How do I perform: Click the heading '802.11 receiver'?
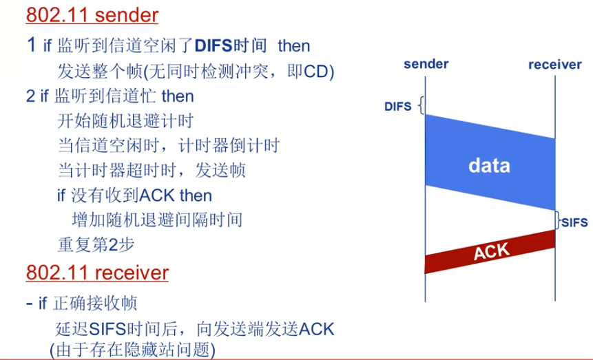(97, 273)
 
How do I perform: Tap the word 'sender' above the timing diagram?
(426, 64)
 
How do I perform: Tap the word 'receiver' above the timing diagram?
(554, 65)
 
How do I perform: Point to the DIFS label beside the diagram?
(398, 106)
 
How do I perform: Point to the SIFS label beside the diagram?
(574, 222)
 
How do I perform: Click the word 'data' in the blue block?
(489, 165)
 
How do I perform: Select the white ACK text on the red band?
(491, 252)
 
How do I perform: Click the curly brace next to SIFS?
(558, 220)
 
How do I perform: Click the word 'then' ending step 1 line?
(294, 46)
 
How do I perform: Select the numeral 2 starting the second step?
(30, 96)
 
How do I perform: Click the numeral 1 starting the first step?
(30, 46)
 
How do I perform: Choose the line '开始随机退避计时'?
(125, 121)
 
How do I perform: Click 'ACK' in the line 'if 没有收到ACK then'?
(157, 195)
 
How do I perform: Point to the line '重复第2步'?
(95, 245)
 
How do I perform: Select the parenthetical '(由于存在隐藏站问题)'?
(132, 349)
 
